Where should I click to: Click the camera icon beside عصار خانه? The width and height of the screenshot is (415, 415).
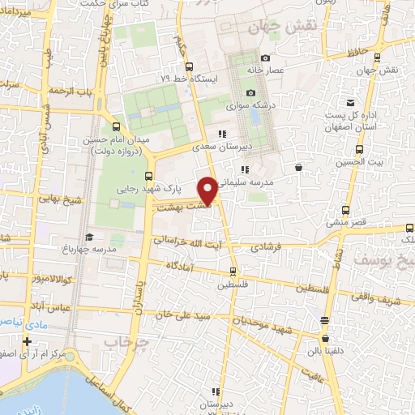click(x=265, y=58)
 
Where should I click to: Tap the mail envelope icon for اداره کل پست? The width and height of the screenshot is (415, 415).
click(x=350, y=103)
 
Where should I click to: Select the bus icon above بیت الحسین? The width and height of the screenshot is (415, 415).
click(x=359, y=150)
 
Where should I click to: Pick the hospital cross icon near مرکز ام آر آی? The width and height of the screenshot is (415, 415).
click(x=28, y=341)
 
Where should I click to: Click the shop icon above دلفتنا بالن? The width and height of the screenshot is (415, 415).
click(x=325, y=339)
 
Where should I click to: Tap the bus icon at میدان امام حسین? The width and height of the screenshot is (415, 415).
click(x=116, y=126)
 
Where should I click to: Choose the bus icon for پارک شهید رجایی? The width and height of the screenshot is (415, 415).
click(x=148, y=176)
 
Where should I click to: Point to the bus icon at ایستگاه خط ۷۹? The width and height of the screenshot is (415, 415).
click(x=188, y=66)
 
